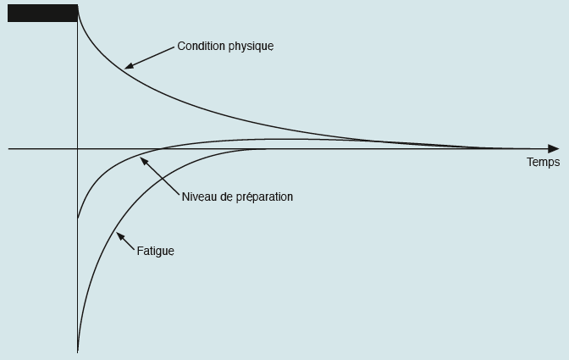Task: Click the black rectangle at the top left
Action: pos(43,13)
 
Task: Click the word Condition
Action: pos(196,46)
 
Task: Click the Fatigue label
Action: pos(156,251)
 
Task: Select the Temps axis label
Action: pos(544,162)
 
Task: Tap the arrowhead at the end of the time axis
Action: pos(554,149)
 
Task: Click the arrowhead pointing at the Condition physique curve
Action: pos(130,66)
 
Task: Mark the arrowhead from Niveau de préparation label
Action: pos(144,161)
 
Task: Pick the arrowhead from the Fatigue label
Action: pos(120,236)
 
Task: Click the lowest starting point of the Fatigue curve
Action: pos(78,351)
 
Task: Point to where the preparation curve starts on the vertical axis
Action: pos(78,218)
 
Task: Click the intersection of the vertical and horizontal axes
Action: pos(78,149)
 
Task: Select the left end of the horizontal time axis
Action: pos(8,149)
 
